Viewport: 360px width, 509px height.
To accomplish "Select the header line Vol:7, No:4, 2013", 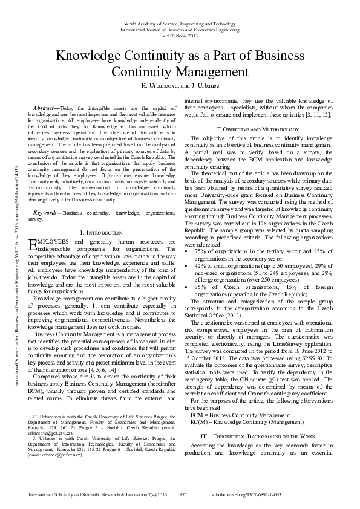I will coord(180,36).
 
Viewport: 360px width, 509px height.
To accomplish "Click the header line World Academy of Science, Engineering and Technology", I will coord(180,22).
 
